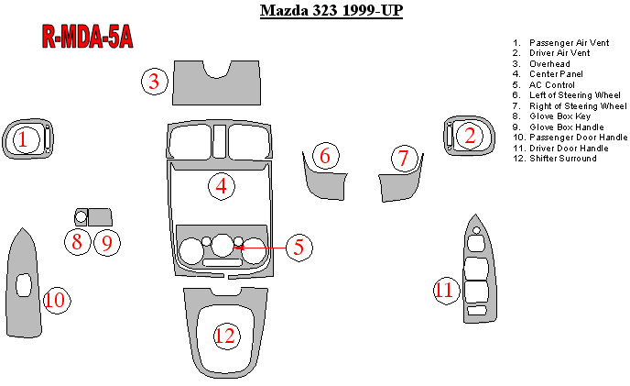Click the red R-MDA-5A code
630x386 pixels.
(x=87, y=37)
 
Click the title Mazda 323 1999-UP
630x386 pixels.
(x=331, y=10)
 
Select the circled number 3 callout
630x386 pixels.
(x=154, y=82)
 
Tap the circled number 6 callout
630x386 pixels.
(x=325, y=156)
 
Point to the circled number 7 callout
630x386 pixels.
(x=404, y=159)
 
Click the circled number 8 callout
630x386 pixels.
(x=78, y=242)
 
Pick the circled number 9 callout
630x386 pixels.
(x=107, y=243)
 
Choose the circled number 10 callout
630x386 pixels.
(x=56, y=300)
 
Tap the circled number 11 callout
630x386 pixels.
(x=446, y=291)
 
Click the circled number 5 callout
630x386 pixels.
(x=299, y=248)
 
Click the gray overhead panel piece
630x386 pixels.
(x=216, y=91)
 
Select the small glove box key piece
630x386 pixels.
(x=81, y=217)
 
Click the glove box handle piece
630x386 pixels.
(x=100, y=217)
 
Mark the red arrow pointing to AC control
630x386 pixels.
(x=259, y=248)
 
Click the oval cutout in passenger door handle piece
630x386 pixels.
(x=24, y=285)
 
